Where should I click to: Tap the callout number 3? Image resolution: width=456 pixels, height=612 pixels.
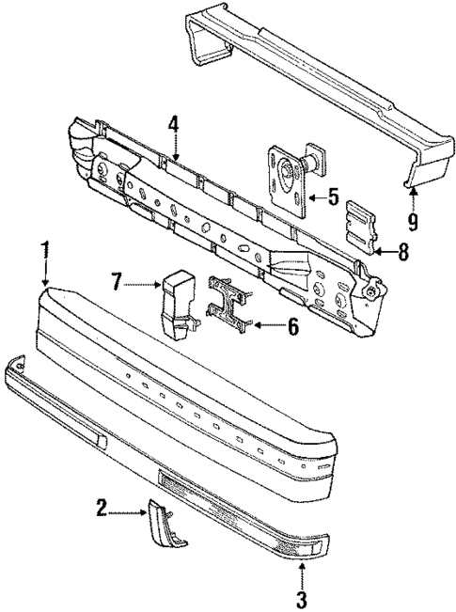[301, 599]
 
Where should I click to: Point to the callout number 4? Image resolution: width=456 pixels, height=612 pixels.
[174, 123]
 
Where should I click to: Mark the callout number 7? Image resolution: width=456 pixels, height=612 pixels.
[117, 280]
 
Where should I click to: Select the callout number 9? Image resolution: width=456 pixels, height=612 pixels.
[413, 223]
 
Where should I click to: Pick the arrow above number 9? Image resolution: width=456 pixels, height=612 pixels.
[411, 197]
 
